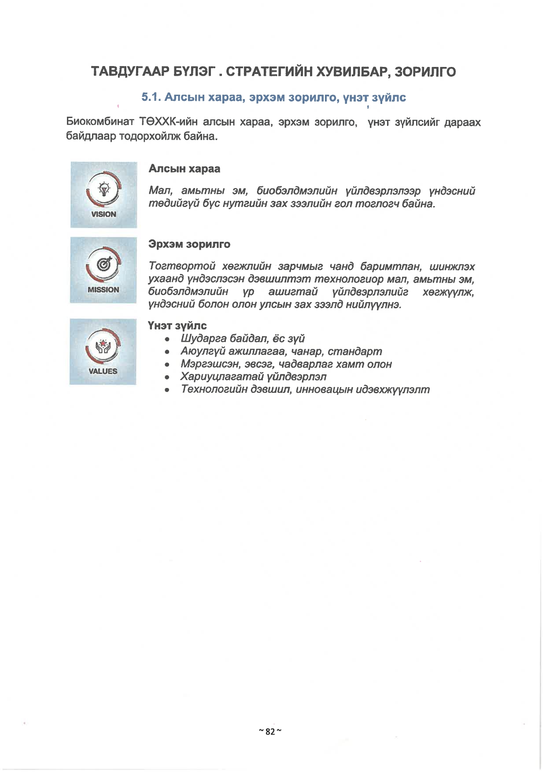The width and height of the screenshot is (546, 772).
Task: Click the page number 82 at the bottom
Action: point(270,731)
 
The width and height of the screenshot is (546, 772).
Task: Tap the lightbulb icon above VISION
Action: point(104,189)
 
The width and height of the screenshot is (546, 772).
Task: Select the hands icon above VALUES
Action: point(103,346)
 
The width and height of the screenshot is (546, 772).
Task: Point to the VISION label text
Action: point(104,214)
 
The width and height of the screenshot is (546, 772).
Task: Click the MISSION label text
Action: point(103,290)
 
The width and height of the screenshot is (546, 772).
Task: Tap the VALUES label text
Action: point(103,371)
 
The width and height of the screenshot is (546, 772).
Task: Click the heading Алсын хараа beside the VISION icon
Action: point(184,169)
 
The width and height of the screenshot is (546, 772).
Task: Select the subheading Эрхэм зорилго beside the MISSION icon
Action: point(189,244)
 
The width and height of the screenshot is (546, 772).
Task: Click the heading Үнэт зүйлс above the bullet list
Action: point(177,326)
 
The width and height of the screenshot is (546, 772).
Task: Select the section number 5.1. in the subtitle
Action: point(151,97)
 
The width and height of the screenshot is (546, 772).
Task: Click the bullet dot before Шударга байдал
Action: point(167,340)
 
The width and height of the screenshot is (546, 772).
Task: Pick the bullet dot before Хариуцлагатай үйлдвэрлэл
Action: point(167,377)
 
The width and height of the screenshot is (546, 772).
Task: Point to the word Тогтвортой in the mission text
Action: point(182,266)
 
